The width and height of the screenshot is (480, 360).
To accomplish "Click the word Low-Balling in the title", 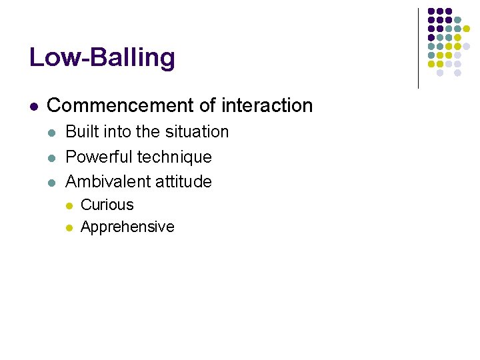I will [x=102, y=57].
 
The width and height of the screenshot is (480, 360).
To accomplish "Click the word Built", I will [x=79, y=132].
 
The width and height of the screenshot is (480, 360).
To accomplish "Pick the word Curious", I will [x=107, y=205].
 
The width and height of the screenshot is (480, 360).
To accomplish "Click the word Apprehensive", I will [x=127, y=227].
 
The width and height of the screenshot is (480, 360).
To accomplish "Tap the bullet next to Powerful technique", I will [x=52, y=158].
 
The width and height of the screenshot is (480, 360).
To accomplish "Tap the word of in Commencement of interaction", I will [x=208, y=105].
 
